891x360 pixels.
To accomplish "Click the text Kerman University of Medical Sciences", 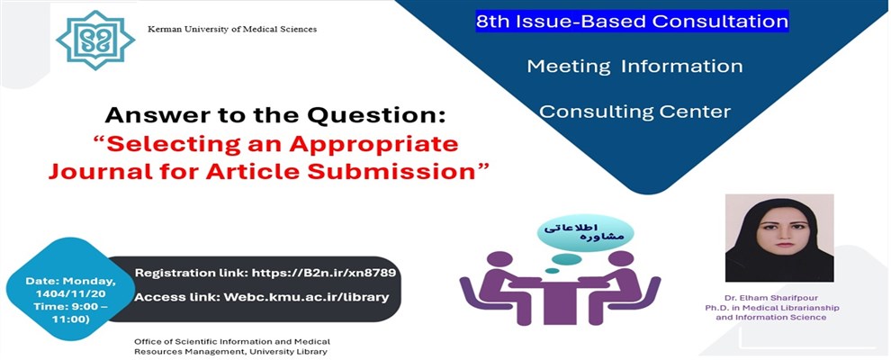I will click(232, 30).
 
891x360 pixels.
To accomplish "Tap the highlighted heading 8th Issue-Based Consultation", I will click(633, 20).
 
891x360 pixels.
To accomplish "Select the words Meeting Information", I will click(634, 67).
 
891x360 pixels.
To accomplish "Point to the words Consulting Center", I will click(634, 112).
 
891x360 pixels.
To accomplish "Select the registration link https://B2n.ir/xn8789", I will click(328, 272).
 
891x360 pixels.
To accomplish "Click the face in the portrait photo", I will click(779, 229).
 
